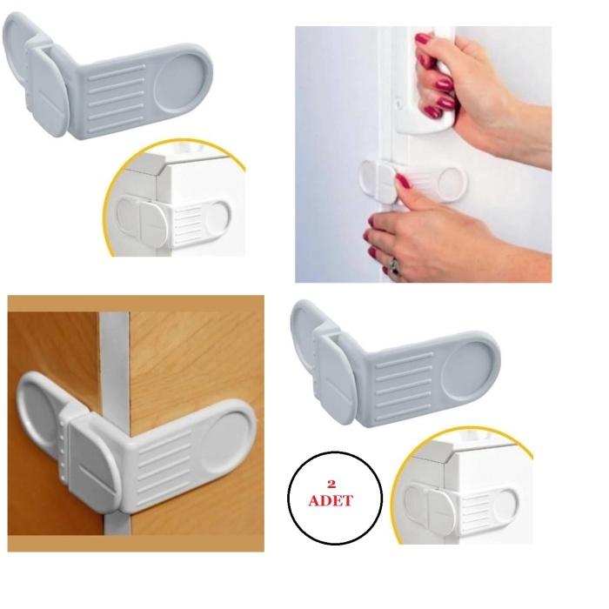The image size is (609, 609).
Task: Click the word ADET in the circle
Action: coord(331,501)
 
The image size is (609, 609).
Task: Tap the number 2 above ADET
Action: coord(331,483)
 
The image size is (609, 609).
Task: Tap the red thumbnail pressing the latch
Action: coord(403,181)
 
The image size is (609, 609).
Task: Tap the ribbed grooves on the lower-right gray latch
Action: coord(404,379)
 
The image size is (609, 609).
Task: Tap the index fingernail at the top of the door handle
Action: coord(424,39)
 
